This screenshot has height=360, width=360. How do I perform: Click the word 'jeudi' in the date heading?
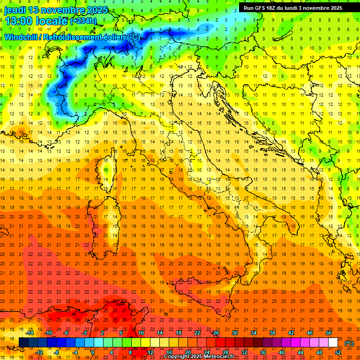coord(15,10)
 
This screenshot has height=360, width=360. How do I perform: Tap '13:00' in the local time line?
coord(18,21)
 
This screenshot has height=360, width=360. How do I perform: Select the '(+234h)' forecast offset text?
coord(83,21)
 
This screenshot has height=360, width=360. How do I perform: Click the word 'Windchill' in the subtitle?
coord(21,37)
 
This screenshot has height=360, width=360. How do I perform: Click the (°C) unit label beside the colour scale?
coord(349,343)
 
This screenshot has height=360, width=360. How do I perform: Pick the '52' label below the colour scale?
coord(338,352)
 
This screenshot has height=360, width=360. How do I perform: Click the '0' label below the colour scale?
coord(92,352)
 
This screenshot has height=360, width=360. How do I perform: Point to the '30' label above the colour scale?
coord(234,333)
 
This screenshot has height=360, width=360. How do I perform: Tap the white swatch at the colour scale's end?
coord(333,343)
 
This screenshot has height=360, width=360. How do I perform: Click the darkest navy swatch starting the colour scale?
coord(23,343)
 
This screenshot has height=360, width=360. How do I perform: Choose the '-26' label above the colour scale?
coord(215,333)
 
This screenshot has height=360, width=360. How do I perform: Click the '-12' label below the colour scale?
coord(39,352)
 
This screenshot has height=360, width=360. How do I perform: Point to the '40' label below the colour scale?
coord(281,352)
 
